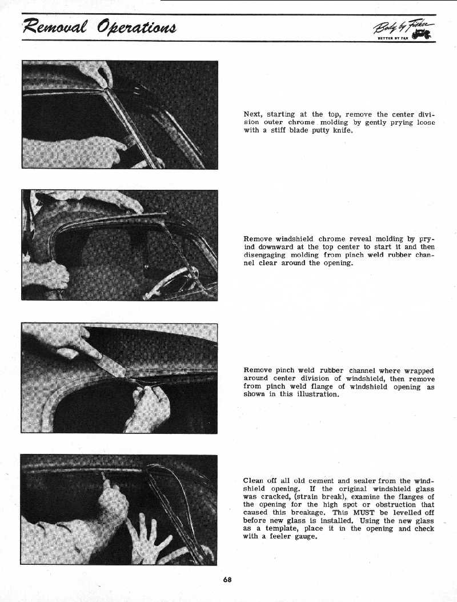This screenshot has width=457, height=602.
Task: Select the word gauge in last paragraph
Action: click(x=303, y=537)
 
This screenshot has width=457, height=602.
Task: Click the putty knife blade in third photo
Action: click(x=111, y=364)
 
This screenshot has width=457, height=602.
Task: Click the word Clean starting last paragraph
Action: click(x=255, y=481)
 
